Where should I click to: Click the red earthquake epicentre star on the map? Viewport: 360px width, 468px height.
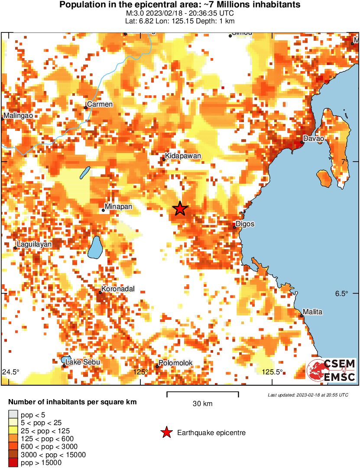pos(180,209)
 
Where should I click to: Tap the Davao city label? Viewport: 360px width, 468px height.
pos(314,139)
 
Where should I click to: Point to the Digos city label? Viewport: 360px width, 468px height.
pos(246,224)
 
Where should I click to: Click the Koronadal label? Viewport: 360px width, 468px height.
pos(118,289)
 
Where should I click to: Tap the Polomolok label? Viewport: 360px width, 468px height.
pos(175,363)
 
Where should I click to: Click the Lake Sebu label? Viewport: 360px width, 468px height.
pos(83,362)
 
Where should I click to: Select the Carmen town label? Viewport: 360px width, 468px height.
pos(100,104)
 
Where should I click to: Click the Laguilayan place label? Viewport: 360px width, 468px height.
pos(35,244)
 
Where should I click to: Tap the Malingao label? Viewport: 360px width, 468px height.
pos(19,116)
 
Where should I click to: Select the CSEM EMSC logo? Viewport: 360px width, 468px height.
pos(331,370)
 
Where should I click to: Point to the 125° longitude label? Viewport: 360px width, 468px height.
pos(141,372)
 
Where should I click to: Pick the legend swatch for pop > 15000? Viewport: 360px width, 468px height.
pos(13,463)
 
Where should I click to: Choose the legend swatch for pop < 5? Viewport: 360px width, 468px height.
pos(13,415)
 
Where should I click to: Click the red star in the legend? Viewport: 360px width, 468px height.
pos(166,432)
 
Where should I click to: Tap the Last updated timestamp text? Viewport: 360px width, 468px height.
pos(308,395)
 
